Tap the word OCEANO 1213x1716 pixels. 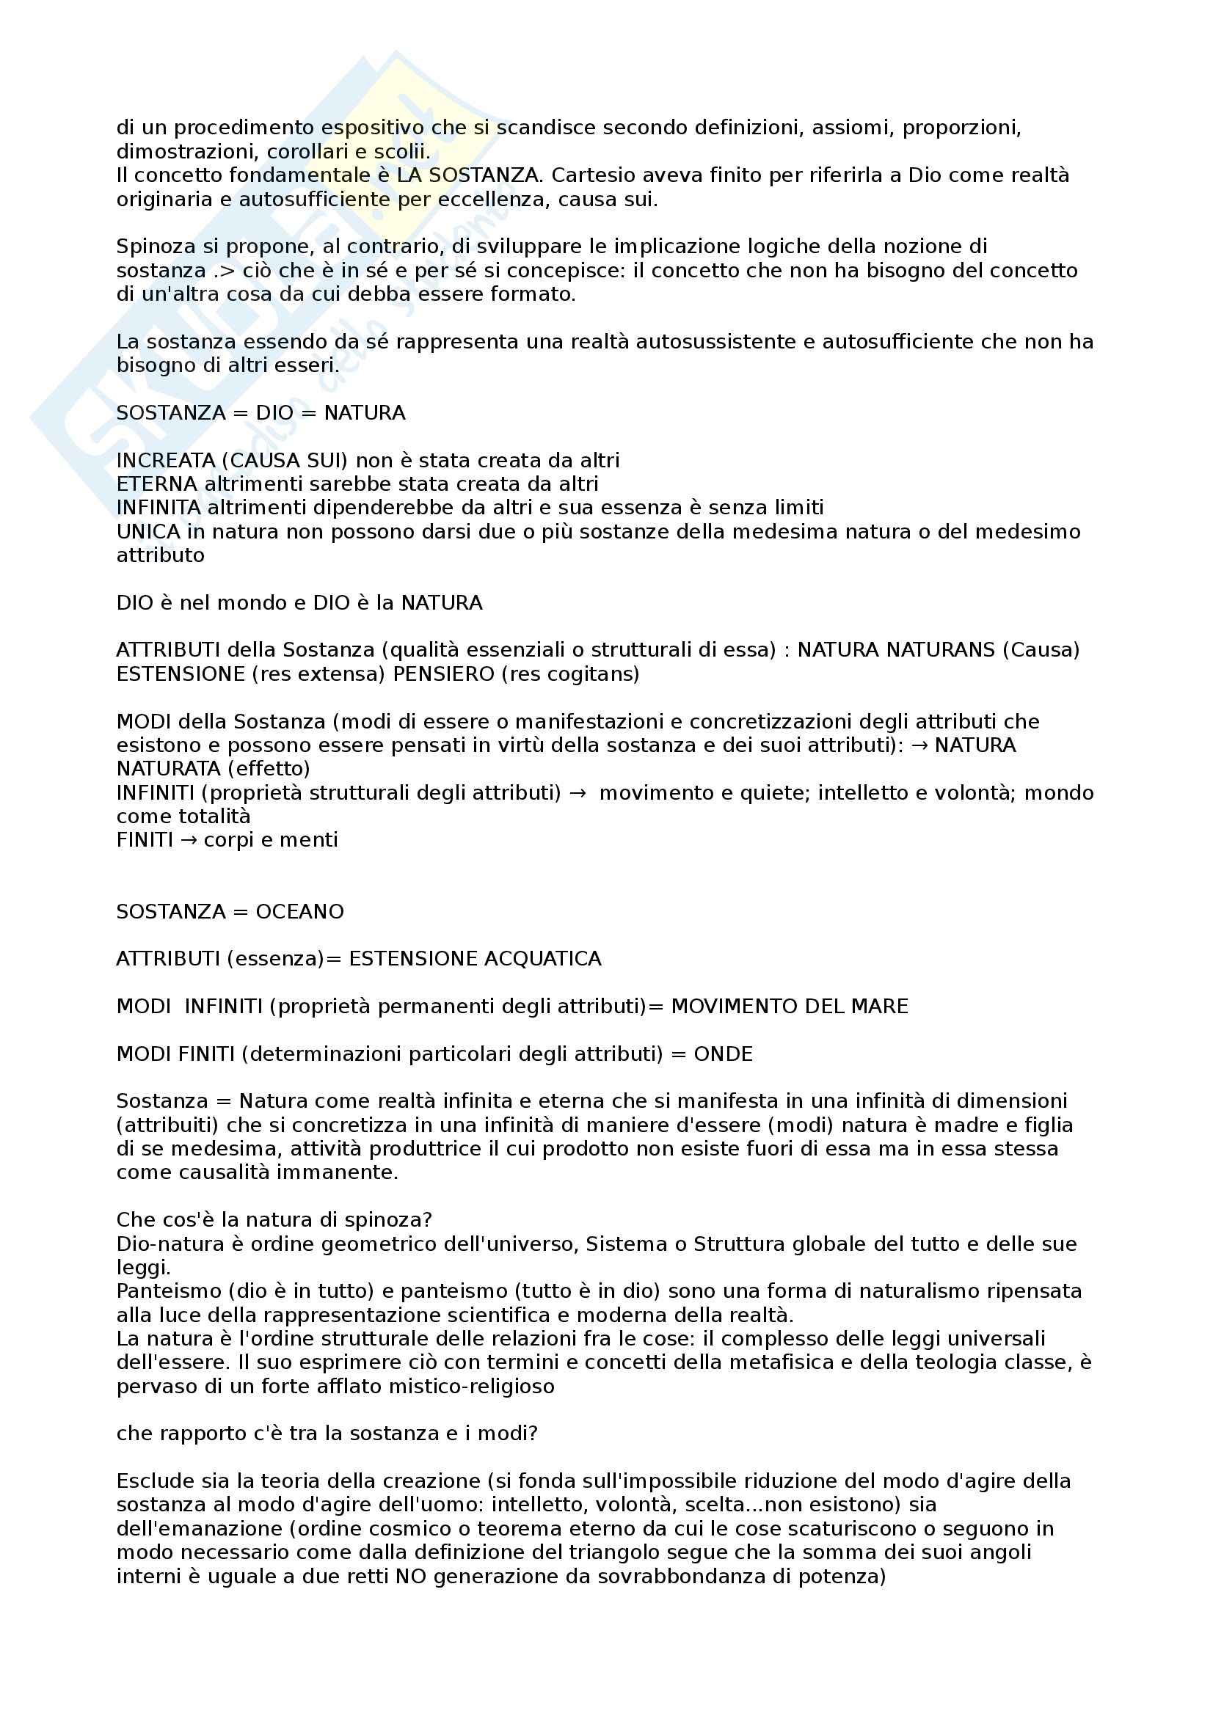[299, 912]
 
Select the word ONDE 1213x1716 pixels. [723, 1054]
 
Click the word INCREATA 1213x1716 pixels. [165, 461]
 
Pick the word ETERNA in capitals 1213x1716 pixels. [157, 484]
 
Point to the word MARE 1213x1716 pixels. [882, 1007]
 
